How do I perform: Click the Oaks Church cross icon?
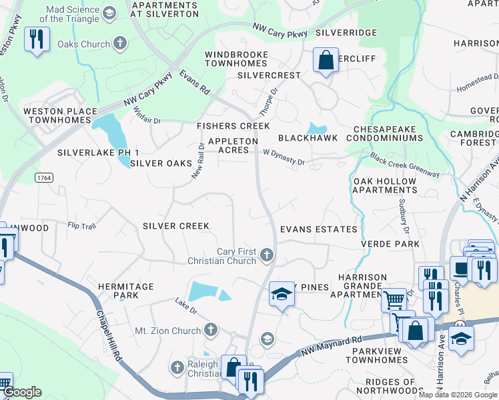(120, 45)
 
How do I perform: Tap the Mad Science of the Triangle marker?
(111, 13)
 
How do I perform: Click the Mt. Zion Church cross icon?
(211, 330)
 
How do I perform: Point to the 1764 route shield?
(45, 178)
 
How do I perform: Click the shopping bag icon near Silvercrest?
(325, 61)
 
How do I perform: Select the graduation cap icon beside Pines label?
(282, 294)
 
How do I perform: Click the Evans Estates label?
(318, 229)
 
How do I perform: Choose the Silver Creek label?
(176, 227)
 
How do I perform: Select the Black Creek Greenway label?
(404, 165)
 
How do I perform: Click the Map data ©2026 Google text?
(457, 395)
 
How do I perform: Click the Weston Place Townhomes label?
(57, 115)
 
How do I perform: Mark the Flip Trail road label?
(81, 226)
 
